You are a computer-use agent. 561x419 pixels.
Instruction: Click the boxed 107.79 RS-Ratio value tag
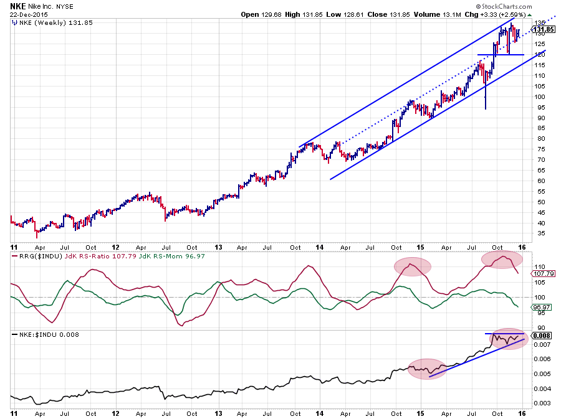[539, 273]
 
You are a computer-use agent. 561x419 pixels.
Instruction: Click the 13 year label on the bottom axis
[218, 413]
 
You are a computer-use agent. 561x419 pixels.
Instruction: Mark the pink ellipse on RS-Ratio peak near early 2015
[412, 266]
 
